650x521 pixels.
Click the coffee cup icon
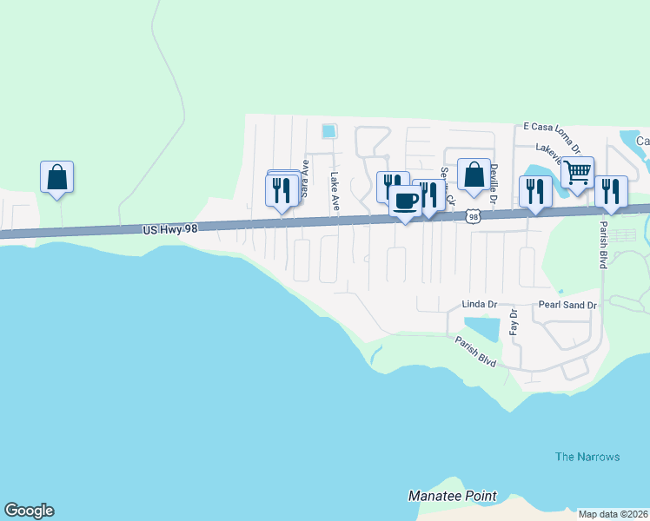(x=405, y=201)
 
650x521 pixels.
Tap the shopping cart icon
(x=577, y=173)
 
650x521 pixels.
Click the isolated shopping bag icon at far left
(x=56, y=177)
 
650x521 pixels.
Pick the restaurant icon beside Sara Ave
(x=282, y=189)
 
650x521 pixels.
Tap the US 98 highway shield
(x=472, y=216)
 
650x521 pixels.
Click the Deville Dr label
(x=493, y=186)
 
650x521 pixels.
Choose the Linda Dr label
(x=479, y=305)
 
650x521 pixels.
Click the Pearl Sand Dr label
(x=567, y=305)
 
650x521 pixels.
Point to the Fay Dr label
(x=514, y=322)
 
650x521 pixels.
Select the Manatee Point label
(x=453, y=497)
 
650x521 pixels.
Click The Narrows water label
(x=587, y=457)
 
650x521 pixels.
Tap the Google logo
(x=29, y=511)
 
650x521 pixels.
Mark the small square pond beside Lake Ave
(x=328, y=131)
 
